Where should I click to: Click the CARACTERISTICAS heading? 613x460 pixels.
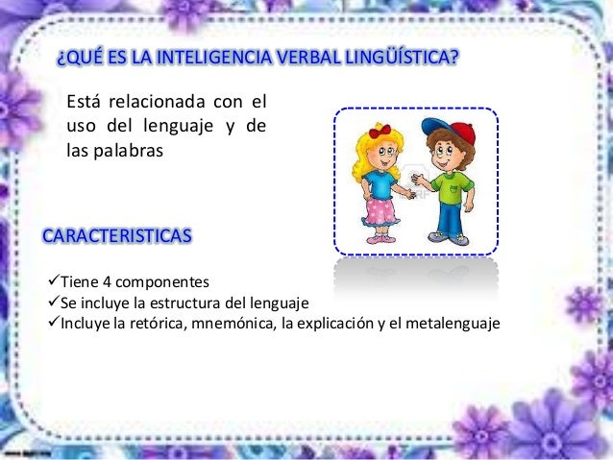click(116, 235)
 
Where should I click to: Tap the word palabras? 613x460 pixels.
click(132, 152)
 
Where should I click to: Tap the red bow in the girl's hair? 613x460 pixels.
click(380, 130)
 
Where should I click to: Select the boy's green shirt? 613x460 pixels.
click(450, 185)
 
